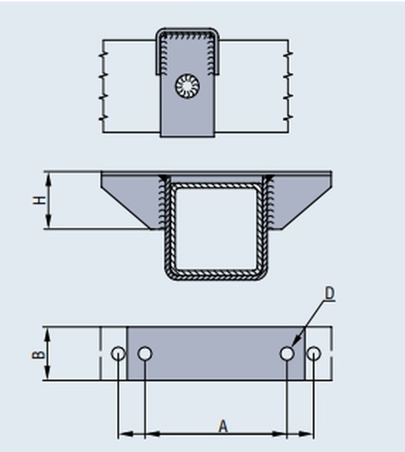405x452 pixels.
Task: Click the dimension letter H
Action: [39, 200]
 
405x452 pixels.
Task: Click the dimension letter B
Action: [39, 355]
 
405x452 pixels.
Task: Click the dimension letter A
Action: [223, 426]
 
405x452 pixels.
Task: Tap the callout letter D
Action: [330, 293]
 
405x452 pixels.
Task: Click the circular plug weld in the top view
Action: [187, 87]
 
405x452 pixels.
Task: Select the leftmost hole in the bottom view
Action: [118, 353]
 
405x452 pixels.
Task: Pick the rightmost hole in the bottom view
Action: [313, 353]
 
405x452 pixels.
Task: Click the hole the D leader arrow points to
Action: [287, 353]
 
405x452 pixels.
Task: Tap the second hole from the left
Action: [145, 353]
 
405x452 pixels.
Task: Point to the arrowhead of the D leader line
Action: [295, 343]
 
